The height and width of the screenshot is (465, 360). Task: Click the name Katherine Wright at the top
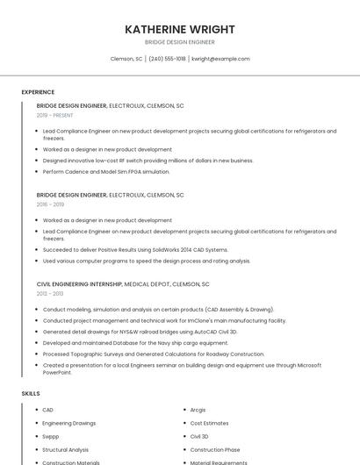pos(180,29)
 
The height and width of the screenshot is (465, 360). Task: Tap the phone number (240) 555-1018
pos(167,59)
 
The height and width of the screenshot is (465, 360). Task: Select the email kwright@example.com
pos(220,59)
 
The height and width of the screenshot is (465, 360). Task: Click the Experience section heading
pos(38,92)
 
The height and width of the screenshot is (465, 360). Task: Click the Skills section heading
pos(31,394)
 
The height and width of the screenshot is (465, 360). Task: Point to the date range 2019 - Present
pos(55,115)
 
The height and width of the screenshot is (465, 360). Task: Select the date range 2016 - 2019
pos(51,204)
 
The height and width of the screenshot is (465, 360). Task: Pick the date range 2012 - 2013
pos(51,294)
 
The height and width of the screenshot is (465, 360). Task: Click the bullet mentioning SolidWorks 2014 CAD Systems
pos(135,250)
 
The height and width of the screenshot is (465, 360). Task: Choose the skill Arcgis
pos(198,410)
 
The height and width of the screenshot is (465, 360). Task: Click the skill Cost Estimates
pos(208,423)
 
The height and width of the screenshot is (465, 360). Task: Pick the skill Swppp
pos(51,436)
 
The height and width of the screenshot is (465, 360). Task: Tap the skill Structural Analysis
pos(66,449)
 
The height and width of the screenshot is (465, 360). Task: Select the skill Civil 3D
pos(199,436)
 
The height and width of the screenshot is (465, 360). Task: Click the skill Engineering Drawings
pos(69,423)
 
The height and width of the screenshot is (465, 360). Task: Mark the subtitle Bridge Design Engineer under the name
pos(180,42)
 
